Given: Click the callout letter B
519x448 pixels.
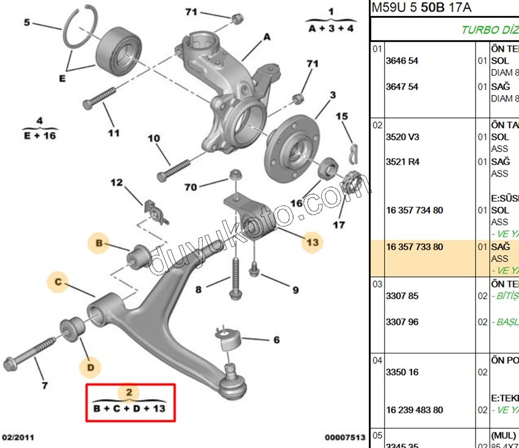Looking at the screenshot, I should coord(100,243).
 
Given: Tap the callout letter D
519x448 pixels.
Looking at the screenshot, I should coord(90,367).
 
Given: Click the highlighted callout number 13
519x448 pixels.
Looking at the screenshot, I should coord(312,242).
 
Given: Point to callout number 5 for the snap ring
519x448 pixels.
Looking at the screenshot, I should coord(27,23).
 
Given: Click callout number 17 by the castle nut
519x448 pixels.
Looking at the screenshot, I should coord(338,225).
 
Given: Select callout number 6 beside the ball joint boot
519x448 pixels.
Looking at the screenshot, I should coord(276,340).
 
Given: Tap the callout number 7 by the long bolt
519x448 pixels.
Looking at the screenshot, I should coord(44,385).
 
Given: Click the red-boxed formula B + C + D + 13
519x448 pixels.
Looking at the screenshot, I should coord(129,408).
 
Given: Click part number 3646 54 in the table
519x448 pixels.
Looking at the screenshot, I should coord(402,61).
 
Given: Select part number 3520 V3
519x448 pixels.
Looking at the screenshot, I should coord(402,137).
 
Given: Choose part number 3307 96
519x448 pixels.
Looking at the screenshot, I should coord(402,322).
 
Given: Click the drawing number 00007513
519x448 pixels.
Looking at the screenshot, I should coord(345,438).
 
